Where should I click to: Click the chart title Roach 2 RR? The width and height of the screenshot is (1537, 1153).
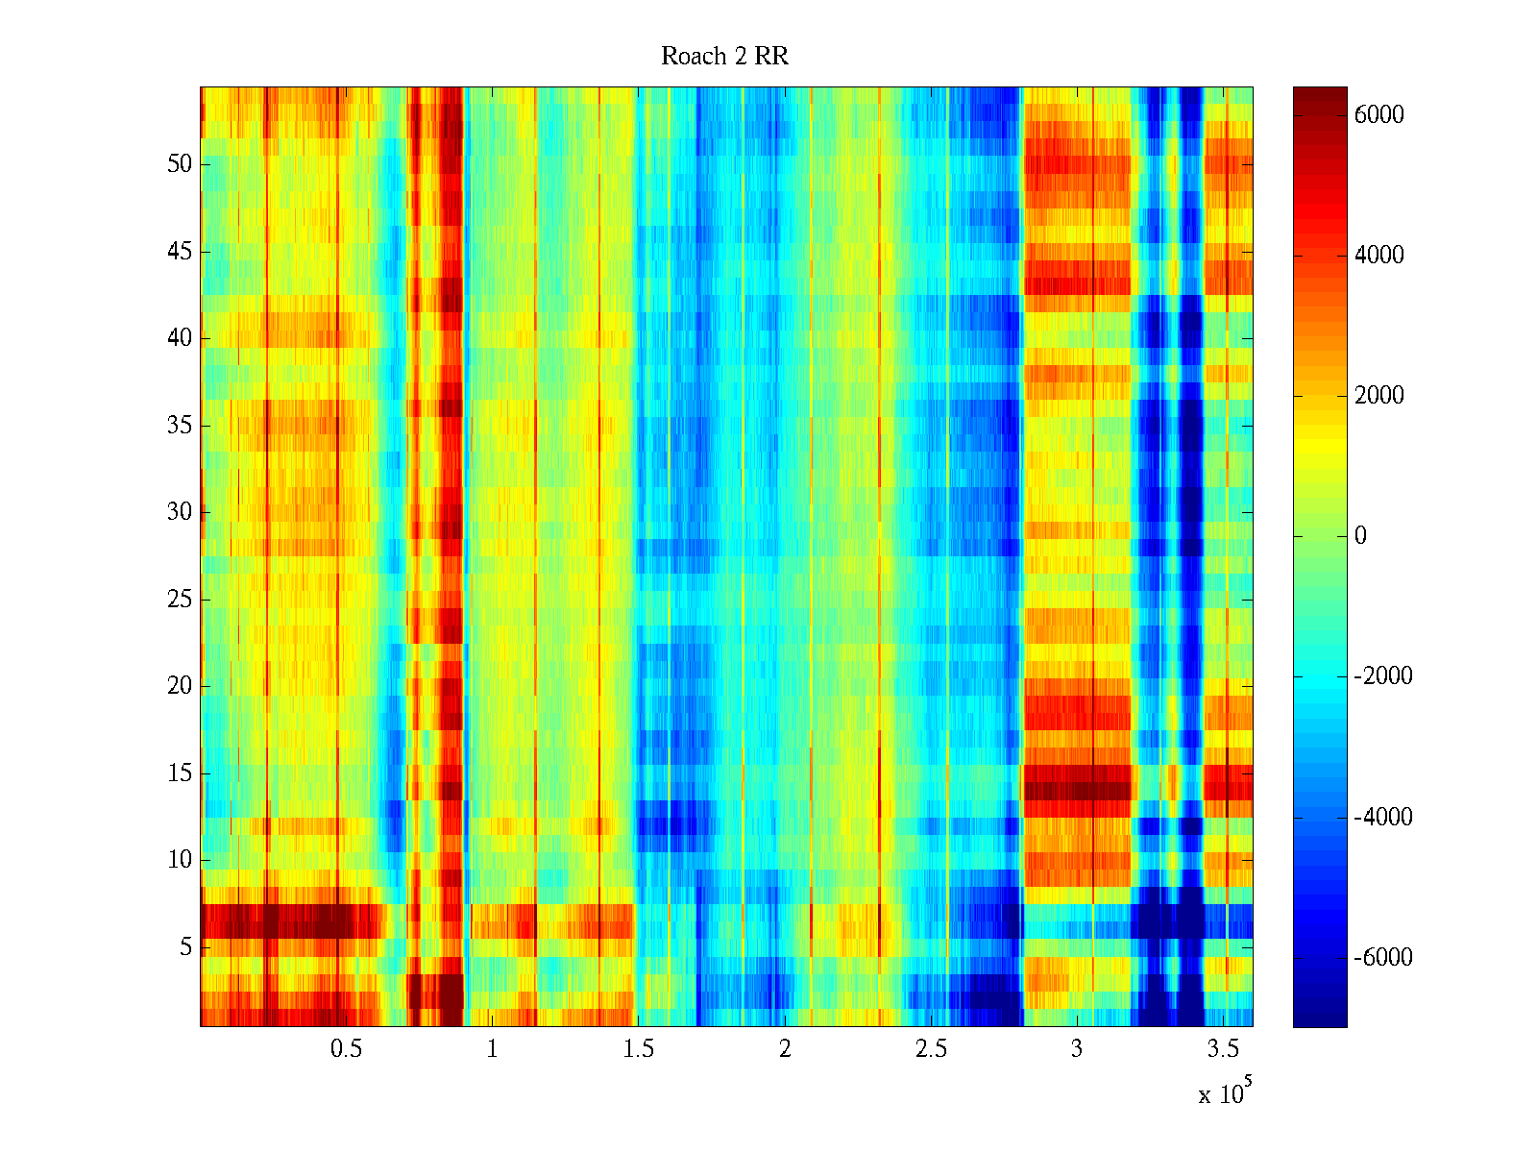pyautogui.click(x=724, y=57)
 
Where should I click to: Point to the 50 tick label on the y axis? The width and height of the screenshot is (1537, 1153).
pyautogui.click(x=180, y=163)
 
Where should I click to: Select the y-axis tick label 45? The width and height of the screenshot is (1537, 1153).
pyautogui.click(x=180, y=252)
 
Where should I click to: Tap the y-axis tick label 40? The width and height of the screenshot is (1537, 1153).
pyautogui.click(x=180, y=338)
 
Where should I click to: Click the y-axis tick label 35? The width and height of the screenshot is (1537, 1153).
pyautogui.click(x=180, y=425)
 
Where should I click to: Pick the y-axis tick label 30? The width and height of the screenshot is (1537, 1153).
pyautogui.click(x=180, y=512)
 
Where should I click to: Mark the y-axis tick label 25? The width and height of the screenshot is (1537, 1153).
pyautogui.click(x=180, y=600)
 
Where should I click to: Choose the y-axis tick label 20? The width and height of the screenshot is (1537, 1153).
pyautogui.click(x=180, y=686)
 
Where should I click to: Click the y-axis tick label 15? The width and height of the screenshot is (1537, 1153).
pyautogui.click(x=180, y=773)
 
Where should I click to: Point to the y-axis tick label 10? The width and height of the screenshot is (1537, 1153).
pyautogui.click(x=180, y=860)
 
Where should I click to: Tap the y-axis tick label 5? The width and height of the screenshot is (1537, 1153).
pyautogui.click(x=185, y=947)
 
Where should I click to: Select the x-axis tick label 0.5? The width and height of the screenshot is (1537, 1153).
pyautogui.click(x=346, y=1049)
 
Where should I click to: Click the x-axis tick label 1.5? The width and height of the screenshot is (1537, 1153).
pyautogui.click(x=638, y=1049)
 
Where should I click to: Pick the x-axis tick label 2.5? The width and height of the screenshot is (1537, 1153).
pyautogui.click(x=931, y=1049)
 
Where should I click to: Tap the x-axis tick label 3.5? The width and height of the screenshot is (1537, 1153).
pyautogui.click(x=1223, y=1049)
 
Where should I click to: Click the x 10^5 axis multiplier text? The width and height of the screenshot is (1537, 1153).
pyautogui.click(x=1224, y=1093)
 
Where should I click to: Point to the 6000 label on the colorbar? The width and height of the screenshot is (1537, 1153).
pyautogui.click(x=1379, y=115)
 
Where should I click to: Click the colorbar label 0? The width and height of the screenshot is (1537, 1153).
pyautogui.click(x=1360, y=536)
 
